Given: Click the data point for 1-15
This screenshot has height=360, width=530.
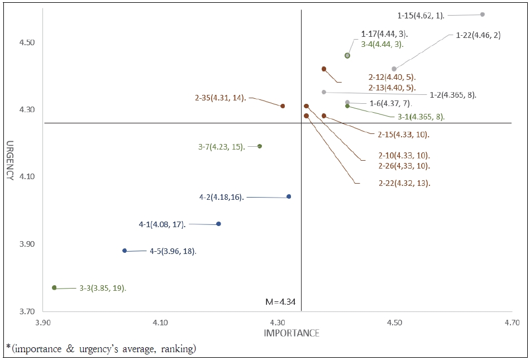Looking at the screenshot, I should (483, 15).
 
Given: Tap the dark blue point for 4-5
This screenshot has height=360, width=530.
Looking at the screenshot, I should (125, 251).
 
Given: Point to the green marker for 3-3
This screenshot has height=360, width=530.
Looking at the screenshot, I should (54, 287).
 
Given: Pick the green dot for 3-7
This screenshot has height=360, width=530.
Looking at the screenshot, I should (260, 146).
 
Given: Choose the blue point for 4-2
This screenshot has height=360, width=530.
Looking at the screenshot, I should (289, 196).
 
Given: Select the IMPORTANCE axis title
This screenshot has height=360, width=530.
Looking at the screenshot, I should (291, 333).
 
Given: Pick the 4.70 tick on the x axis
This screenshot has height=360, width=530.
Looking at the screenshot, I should (512, 323).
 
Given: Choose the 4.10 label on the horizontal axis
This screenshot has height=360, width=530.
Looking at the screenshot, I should (160, 323).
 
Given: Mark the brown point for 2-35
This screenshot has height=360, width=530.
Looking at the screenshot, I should (283, 106).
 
